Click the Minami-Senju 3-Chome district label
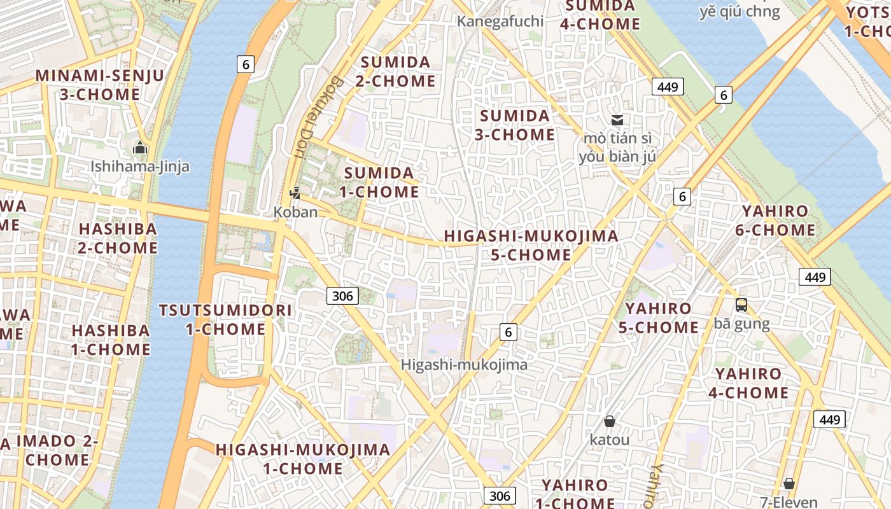[99, 85]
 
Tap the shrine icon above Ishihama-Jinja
[140, 148]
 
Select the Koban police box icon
[295, 193]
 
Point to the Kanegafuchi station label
[500, 21]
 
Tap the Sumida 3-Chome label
[515, 125]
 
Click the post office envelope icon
[617, 120]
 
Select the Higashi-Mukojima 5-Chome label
[531, 245]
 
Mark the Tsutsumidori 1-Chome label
[226, 320]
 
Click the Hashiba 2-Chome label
[118, 238]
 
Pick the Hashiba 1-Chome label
[111, 340]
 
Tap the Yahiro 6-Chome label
[775, 220]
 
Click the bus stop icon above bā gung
[741, 305]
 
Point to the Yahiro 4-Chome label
[748, 383]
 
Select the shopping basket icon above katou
[610, 421]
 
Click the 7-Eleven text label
[789, 502]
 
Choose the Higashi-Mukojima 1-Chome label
[303, 459]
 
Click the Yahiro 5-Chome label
[658, 318]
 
